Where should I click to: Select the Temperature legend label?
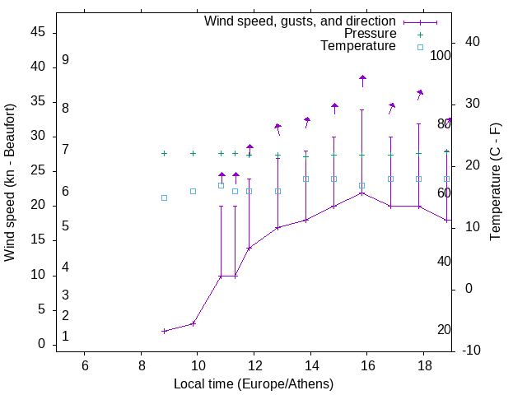point(358,46)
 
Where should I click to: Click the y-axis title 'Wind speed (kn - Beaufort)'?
point(10,183)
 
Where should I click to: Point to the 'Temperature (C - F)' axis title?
point(495,183)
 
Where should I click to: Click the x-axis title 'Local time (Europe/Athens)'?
point(254,383)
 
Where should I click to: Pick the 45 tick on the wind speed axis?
point(38,32)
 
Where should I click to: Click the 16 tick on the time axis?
point(367,365)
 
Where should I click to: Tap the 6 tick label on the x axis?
point(85,365)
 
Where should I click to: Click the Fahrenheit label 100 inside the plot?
point(441,56)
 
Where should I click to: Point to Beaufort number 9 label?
point(65,60)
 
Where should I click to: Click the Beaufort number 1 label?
point(65,337)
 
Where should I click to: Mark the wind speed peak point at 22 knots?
point(362,193)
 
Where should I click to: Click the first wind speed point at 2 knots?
point(165,331)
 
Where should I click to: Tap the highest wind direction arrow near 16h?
point(362,80)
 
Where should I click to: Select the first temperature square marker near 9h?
point(165,197)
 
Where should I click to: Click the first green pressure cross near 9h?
point(165,153)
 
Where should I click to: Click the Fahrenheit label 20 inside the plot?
point(444,330)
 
